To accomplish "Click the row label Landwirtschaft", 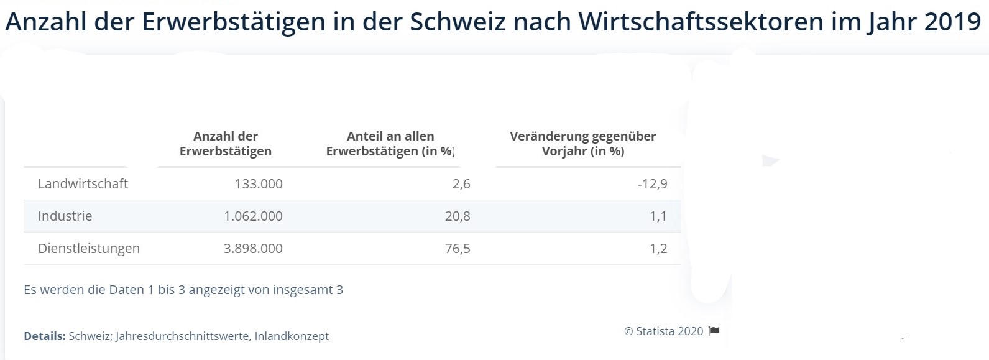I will point(83,184).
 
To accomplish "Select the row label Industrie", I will point(65,216).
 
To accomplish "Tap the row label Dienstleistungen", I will point(89,249).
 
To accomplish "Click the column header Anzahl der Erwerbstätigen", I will point(226,144).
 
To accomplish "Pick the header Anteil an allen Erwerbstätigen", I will point(390,144).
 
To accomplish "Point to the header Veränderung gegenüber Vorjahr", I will point(582,144).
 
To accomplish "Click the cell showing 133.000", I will point(259,184).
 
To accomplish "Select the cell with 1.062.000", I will point(253,216).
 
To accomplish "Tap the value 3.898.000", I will point(253,249).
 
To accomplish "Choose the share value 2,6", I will point(462,184).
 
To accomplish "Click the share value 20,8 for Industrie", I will point(458,216).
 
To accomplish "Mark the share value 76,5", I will point(458,249).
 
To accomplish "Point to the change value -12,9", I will point(652,184).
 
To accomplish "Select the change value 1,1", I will point(658,216).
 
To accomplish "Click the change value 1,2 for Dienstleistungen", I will point(658,249).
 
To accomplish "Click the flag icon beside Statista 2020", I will point(714,331).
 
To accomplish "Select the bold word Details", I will point(44,336).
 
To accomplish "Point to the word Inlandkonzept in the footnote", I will point(292,336).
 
